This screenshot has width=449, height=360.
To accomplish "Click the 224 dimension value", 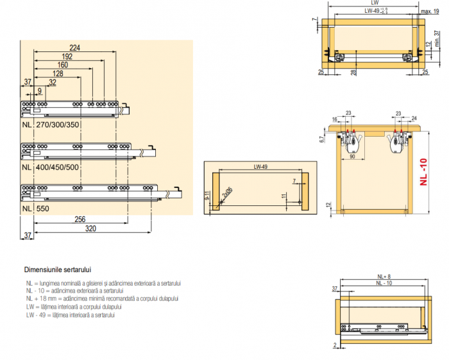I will point(74,47).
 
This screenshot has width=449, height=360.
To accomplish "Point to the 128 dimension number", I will point(57,73).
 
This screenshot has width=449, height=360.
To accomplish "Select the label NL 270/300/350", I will point(51,124).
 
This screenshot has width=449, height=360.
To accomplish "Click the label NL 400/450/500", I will point(51,166).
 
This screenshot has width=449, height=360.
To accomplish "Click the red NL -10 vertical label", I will point(423,171).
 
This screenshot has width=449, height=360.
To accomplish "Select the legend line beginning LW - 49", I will point(70,315).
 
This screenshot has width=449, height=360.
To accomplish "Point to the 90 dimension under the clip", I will point(352,156).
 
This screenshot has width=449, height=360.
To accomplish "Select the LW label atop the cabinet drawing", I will point(375,3).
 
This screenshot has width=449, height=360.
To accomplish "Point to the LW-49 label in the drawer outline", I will point(260,167).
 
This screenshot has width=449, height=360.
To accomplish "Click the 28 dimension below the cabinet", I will point(353,72).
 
